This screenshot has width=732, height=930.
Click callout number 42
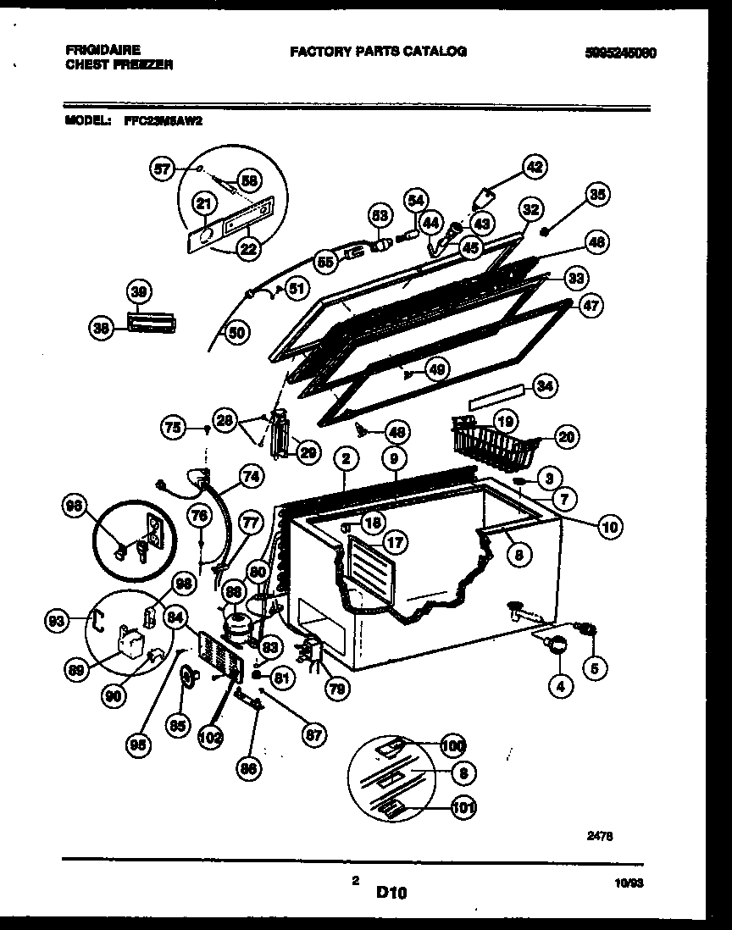[535, 166]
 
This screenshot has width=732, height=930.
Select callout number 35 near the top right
[598, 196]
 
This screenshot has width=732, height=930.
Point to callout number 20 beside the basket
[567, 436]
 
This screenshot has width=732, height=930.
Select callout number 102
[211, 736]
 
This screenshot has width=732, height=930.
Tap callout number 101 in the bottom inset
[463, 806]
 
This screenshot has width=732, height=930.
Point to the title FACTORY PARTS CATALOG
[378, 52]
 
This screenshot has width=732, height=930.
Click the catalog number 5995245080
[620, 53]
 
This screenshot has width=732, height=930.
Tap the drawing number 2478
[600, 834]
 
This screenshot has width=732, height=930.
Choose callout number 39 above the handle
[138, 292]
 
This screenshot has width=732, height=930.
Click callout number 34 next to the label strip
[546, 388]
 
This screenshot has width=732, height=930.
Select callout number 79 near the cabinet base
[336, 689]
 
